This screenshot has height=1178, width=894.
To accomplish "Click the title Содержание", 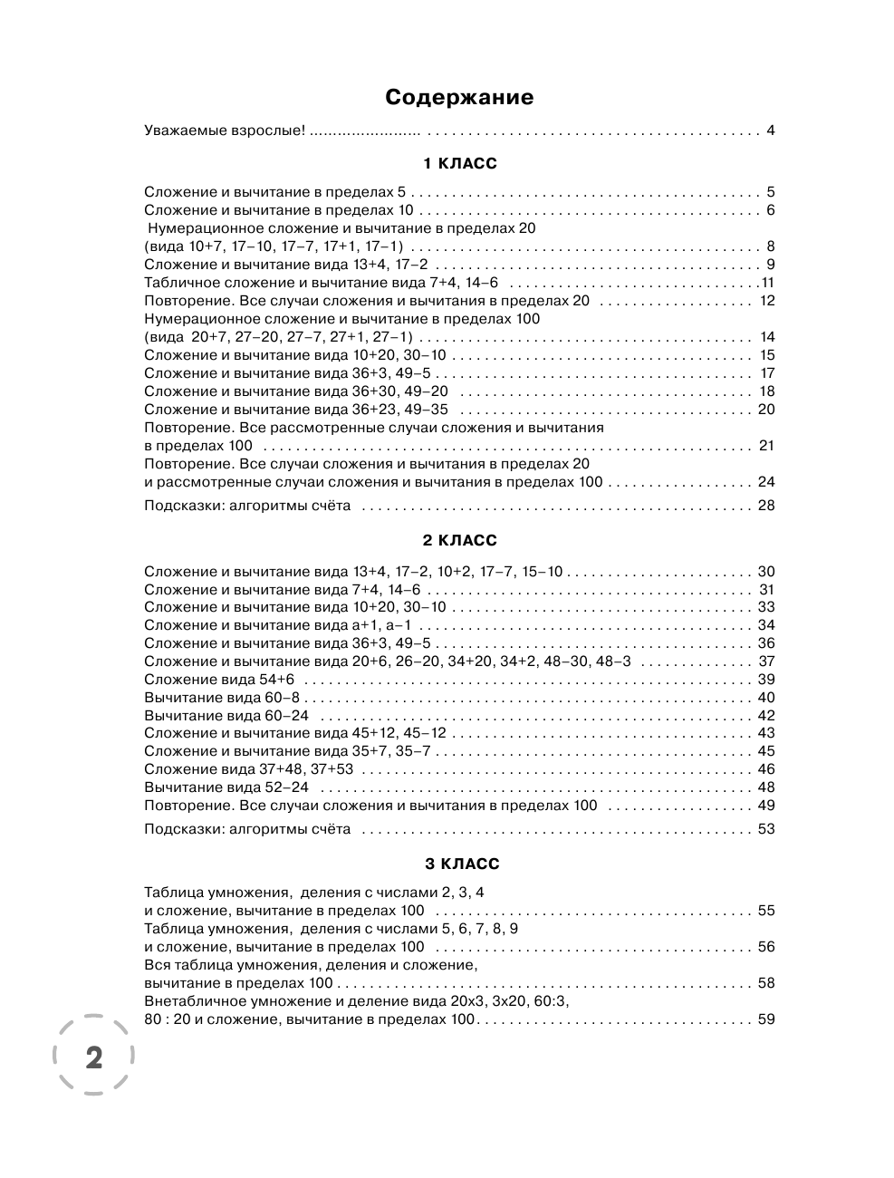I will (x=459, y=97).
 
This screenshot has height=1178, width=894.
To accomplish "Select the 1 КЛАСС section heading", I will (x=460, y=164).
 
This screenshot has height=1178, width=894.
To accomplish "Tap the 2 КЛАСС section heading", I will (x=460, y=541).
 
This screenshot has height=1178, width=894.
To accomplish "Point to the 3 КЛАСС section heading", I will (x=460, y=864).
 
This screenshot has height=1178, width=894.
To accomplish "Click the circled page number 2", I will (x=93, y=1057).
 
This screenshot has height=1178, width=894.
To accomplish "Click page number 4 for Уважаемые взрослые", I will (x=771, y=130).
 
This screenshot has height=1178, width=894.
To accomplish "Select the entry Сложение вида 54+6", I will (x=225, y=680).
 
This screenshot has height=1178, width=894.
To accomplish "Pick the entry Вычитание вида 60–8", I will (x=221, y=698).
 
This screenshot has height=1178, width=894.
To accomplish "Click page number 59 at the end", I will (x=766, y=1019).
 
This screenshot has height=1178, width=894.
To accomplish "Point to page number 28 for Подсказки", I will (x=766, y=506).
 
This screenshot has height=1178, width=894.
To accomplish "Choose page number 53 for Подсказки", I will (x=766, y=829).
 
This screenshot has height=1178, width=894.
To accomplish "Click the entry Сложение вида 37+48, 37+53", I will (x=249, y=769).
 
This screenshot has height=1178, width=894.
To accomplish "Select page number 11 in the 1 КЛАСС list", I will (x=768, y=283).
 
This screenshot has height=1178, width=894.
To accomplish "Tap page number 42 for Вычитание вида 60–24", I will (x=766, y=716).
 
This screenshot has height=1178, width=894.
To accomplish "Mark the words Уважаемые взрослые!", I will (x=225, y=130).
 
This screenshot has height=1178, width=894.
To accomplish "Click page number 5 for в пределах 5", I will (x=771, y=192).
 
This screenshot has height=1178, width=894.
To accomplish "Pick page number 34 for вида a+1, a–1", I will (x=766, y=625).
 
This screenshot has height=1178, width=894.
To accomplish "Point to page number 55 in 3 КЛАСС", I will (x=766, y=911).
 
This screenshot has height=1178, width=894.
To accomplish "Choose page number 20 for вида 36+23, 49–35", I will (x=766, y=410).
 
